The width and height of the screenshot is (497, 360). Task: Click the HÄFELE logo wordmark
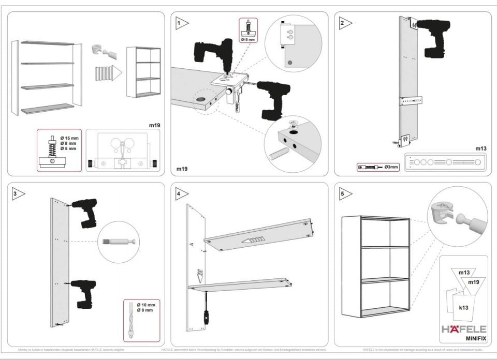point(463,329)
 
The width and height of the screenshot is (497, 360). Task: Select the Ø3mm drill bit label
point(391,167)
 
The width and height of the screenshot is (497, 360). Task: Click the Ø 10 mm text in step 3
point(147,305)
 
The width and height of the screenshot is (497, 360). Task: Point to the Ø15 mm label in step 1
point(249,39)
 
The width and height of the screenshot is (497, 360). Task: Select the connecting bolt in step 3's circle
point(120,242)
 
